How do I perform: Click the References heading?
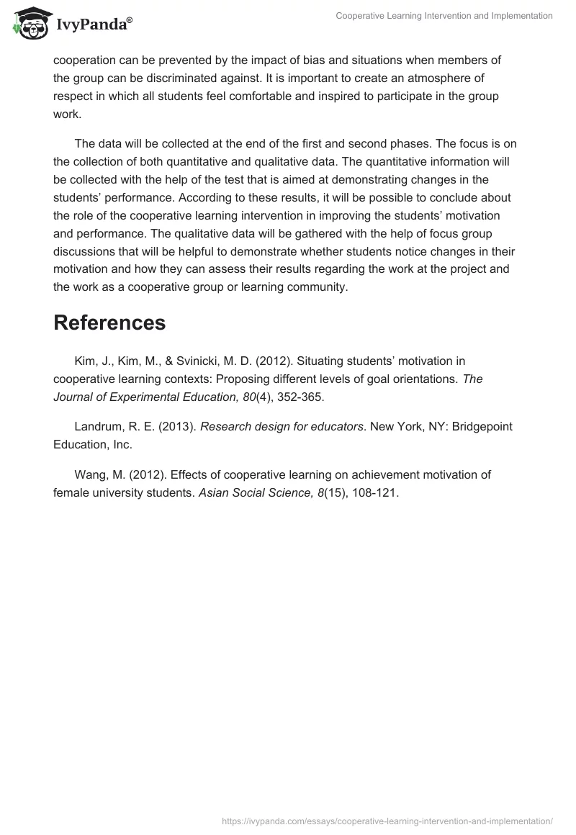click(x=109, y=323)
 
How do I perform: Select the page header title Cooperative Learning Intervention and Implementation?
click(x=444, y=16)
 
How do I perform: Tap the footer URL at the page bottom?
click(x=387, y=820)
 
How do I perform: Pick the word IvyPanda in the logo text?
click(x=91, y=25)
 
